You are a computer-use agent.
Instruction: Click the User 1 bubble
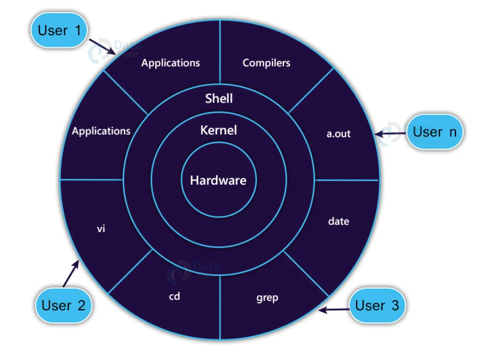tap(59, 31)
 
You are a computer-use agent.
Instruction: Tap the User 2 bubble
tap(64, 305)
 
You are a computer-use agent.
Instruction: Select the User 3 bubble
tap(377, 306)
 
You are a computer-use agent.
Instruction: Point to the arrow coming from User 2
tap(71, 274)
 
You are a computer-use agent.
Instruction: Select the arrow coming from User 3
tap(335, 309)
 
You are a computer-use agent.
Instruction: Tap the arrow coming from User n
tap(391, 132)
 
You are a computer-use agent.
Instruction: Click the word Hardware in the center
tap(218, 181)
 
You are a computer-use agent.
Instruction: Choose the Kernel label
tap(218, 130)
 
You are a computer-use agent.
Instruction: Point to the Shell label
tap(219, 98)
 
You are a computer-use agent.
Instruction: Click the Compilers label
tap(266, 63)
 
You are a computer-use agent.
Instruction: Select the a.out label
tap(339, 134)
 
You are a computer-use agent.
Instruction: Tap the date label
tap(339, 222)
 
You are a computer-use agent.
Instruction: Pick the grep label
tap(267, 297)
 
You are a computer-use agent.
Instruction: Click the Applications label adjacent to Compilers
tap(170, 63)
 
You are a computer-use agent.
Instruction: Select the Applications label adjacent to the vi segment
tap(101, 131)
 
